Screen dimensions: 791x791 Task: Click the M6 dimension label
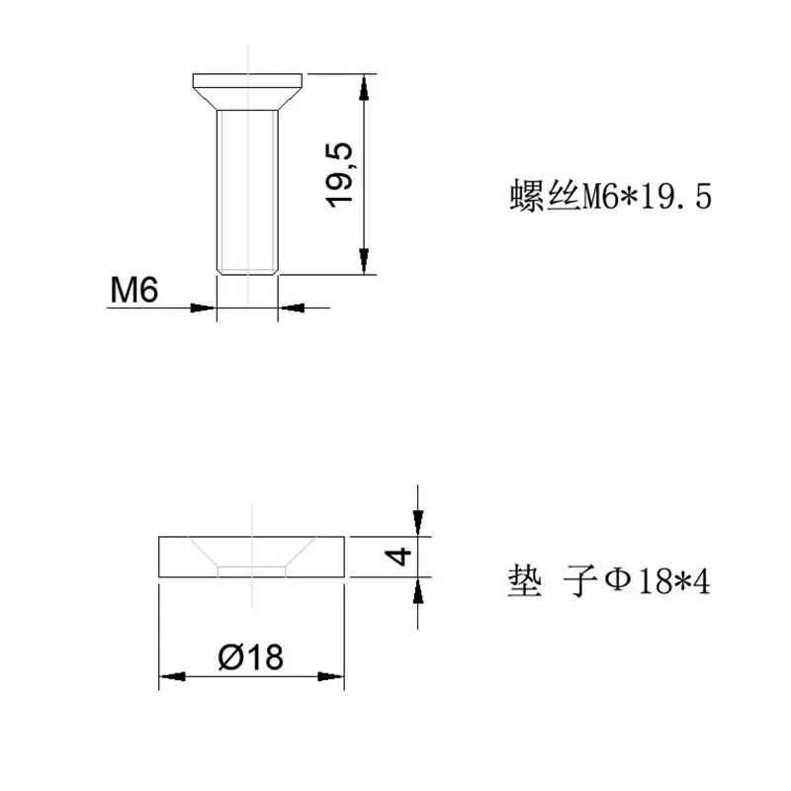[133, 290]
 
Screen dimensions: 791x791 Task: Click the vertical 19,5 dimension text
[341, 174]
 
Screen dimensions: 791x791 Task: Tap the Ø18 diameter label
[251, 656]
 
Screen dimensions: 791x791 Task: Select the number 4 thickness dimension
[397, 556]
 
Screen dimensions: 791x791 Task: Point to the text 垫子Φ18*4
[608, 581]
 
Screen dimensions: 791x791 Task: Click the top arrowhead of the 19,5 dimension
[365, 87]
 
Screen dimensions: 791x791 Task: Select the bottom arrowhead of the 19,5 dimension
[365, 261]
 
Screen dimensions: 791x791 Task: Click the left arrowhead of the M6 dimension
[204, 308]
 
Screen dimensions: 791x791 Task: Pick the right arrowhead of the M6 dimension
[291, 308]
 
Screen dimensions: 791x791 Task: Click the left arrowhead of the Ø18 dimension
[172, 677]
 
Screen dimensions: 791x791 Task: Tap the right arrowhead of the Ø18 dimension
[331, 677]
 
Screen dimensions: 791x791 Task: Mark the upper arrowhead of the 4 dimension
[418, 522]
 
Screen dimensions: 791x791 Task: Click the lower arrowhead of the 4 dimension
[418, 590]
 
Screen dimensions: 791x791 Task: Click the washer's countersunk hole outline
[253, 560]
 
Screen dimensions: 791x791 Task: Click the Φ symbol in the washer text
[616, 580]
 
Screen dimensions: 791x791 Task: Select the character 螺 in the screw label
[525, 197]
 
